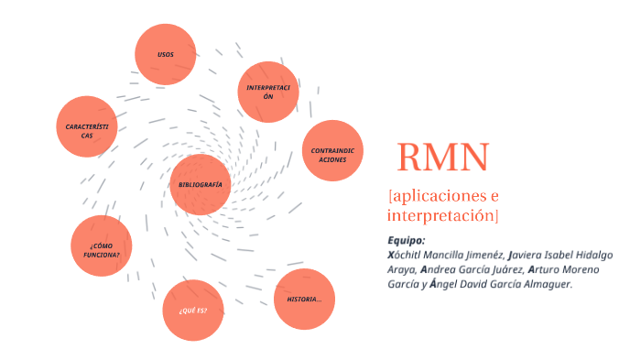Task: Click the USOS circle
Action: click(166, 54)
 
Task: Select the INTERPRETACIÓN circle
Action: click(268, 92)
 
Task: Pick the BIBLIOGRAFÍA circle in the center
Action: click(201, 184)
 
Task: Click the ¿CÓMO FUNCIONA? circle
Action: click(102, 246)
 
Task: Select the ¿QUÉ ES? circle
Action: click(192, 311)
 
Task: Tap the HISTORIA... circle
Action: click(304, 299)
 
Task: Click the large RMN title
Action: click(443, 158)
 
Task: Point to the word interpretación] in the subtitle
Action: click(443, 215)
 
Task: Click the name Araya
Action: click(402, 269)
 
